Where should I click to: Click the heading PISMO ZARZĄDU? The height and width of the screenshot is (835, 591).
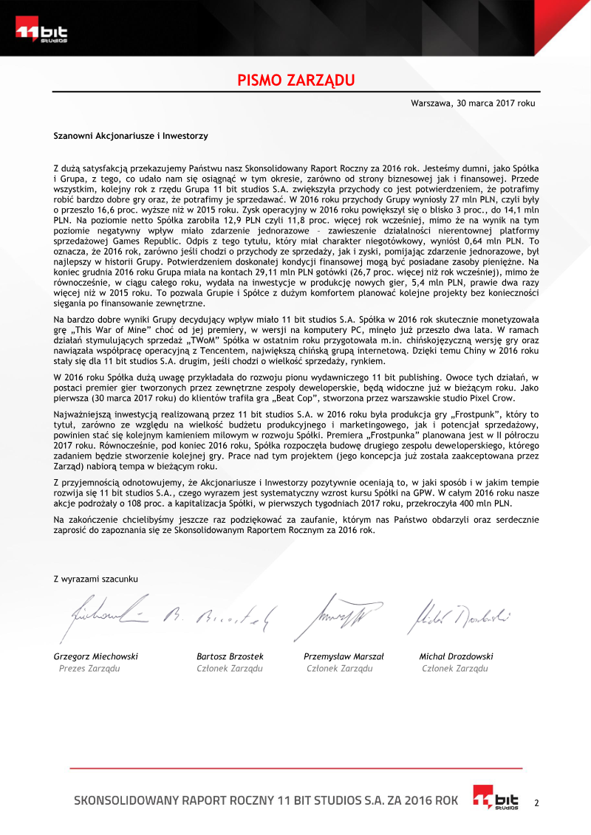(x=295, y=80)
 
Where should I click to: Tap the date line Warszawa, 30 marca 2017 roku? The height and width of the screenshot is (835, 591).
(x=473, y=103)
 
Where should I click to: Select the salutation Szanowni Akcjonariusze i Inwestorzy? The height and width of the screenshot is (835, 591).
(x=131, y=136)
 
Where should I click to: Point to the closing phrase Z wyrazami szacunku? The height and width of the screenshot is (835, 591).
(x=95, y=578)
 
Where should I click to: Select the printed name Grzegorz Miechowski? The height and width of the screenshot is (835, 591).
(x=95, y=656)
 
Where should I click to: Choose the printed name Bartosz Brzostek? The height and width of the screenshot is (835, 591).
(x=230, y=656)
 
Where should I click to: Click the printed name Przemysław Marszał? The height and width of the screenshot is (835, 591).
(x=344, y=656)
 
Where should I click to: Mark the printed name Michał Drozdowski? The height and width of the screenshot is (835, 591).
(x=456, y=656)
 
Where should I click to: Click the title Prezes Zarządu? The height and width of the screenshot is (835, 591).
(x=89, y=668)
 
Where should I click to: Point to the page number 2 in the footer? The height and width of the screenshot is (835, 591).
(x=536, y=802)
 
